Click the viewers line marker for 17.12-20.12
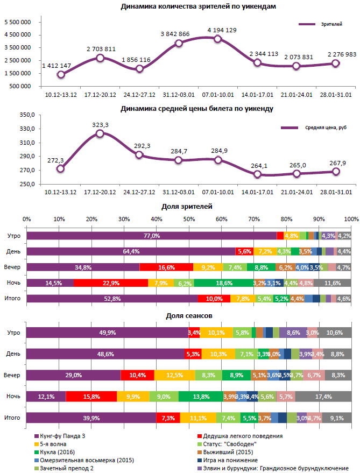(100, 58)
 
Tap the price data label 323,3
(100, 125)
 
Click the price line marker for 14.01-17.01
(257, 174)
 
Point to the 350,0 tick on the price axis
(27, 115)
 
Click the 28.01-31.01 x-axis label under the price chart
(335, 192)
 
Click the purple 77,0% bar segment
(151, 236)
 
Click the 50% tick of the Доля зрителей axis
(189, 220)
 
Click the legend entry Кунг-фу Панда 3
(59, 436)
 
